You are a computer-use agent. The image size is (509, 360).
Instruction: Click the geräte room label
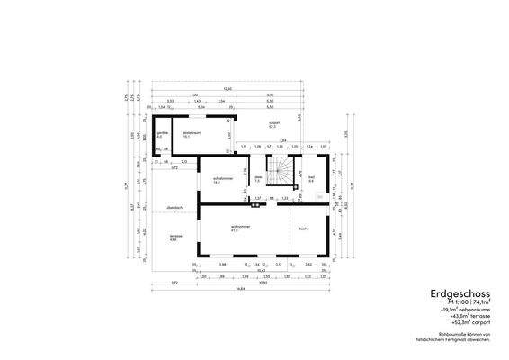point(161,133)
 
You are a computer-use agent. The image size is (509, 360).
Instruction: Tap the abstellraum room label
point(191,133)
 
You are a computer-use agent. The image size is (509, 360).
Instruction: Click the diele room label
point(257,179)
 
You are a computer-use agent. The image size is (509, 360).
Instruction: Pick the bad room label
point(310,179)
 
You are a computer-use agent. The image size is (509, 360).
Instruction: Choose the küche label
point(304,229)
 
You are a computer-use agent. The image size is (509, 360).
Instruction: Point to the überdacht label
point(174,208)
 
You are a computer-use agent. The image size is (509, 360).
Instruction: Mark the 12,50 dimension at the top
point(228,88)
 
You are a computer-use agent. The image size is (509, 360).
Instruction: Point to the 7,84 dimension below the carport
point(281,140)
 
